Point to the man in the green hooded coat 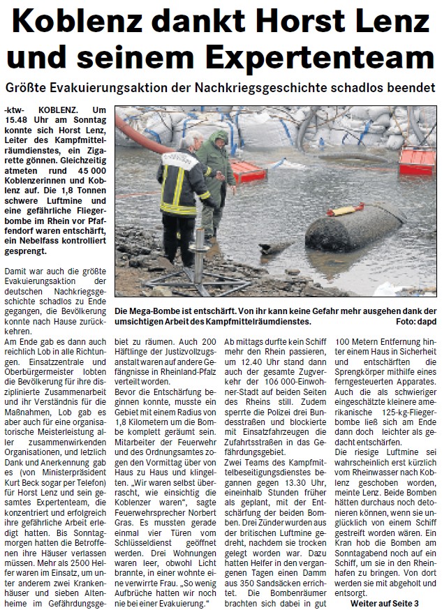coord(216,171)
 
